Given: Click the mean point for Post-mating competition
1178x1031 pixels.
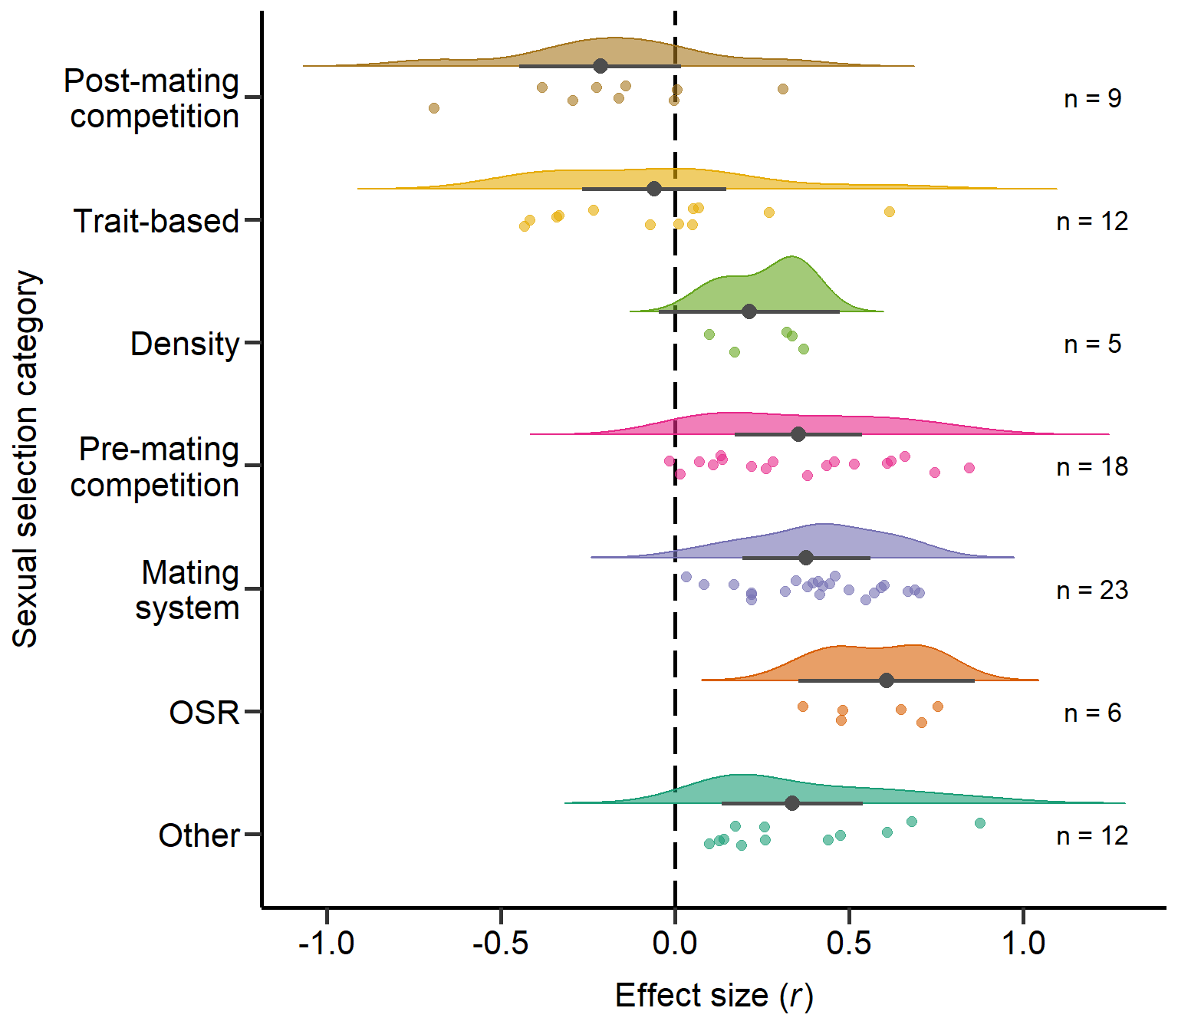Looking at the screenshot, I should coord(601,66).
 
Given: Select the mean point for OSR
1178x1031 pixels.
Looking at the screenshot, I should coord(887,680).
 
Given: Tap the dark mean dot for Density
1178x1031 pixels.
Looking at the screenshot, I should coord(749,311).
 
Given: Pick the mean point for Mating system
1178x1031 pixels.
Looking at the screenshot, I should coord(806,558).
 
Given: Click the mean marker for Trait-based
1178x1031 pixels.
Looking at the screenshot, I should coord(654,189).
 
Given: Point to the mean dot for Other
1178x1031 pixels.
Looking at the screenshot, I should coord(792,803).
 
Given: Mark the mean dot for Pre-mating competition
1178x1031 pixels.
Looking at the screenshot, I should coord(798,434).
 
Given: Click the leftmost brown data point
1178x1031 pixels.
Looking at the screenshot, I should coord(434,108).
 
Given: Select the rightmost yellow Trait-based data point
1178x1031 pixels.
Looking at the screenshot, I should coord(890,212).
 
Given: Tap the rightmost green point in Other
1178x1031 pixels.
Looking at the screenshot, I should coord(980,823).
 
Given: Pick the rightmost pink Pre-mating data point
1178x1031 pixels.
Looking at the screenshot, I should coord(969,468).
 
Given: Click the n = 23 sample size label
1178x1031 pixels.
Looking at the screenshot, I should coord(1092,590).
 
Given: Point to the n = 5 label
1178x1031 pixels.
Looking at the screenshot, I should coord(1092,344).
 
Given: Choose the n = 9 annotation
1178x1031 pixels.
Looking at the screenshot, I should coord(1092,99).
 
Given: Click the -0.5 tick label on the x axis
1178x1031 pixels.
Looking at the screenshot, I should coord(500,944).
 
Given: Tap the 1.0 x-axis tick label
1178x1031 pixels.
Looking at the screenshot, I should coord(1023,944).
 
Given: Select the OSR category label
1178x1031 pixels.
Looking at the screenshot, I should coord(204,713).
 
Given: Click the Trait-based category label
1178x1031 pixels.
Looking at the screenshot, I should coord(156,221).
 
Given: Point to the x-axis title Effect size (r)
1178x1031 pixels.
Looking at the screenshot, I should coord(713,996).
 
